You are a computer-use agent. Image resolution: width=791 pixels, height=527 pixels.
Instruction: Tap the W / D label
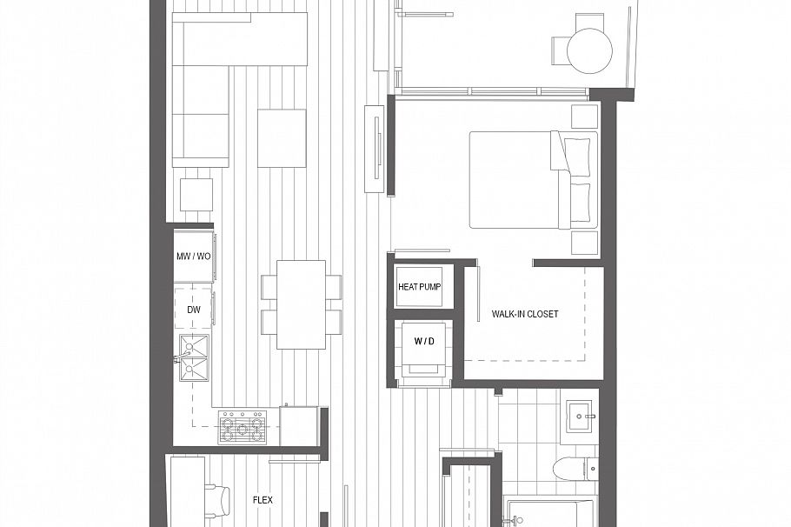click(x=423, y=342)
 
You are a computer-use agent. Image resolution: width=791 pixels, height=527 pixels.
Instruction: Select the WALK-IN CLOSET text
click(x=524, y=314)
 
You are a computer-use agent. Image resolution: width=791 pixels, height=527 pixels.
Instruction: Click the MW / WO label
click(x=193, y=257)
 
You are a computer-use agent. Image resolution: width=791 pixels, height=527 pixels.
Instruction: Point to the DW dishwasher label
click(x=193, y=309)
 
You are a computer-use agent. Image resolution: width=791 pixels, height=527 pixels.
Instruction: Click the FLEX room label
click(x=263, y=500)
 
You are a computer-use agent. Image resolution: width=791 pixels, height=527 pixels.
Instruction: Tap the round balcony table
click(x=589, y=50)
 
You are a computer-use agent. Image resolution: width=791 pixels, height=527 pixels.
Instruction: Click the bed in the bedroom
click(x=522, y=180)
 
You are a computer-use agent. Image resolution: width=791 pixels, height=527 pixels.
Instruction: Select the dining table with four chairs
click(x=301, y=304)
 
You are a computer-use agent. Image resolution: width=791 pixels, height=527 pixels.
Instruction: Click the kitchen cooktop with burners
click(x=243, y=427)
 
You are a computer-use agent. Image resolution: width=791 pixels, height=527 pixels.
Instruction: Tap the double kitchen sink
click(x=194, y=357)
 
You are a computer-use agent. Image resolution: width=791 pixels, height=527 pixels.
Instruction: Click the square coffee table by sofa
click(x=282, y=138)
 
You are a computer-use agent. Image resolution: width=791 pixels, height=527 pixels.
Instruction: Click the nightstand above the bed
click(x=584, y=116)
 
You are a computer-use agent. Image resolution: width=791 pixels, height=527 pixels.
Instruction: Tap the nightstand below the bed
click(x=584, y=243)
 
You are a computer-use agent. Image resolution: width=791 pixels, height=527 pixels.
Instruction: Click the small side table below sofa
click(x=196, y=194)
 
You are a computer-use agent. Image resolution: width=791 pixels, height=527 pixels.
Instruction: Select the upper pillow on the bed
click(x=576, y=154)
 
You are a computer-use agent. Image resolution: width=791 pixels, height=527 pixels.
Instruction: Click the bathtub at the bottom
click(x=549, y=513)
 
